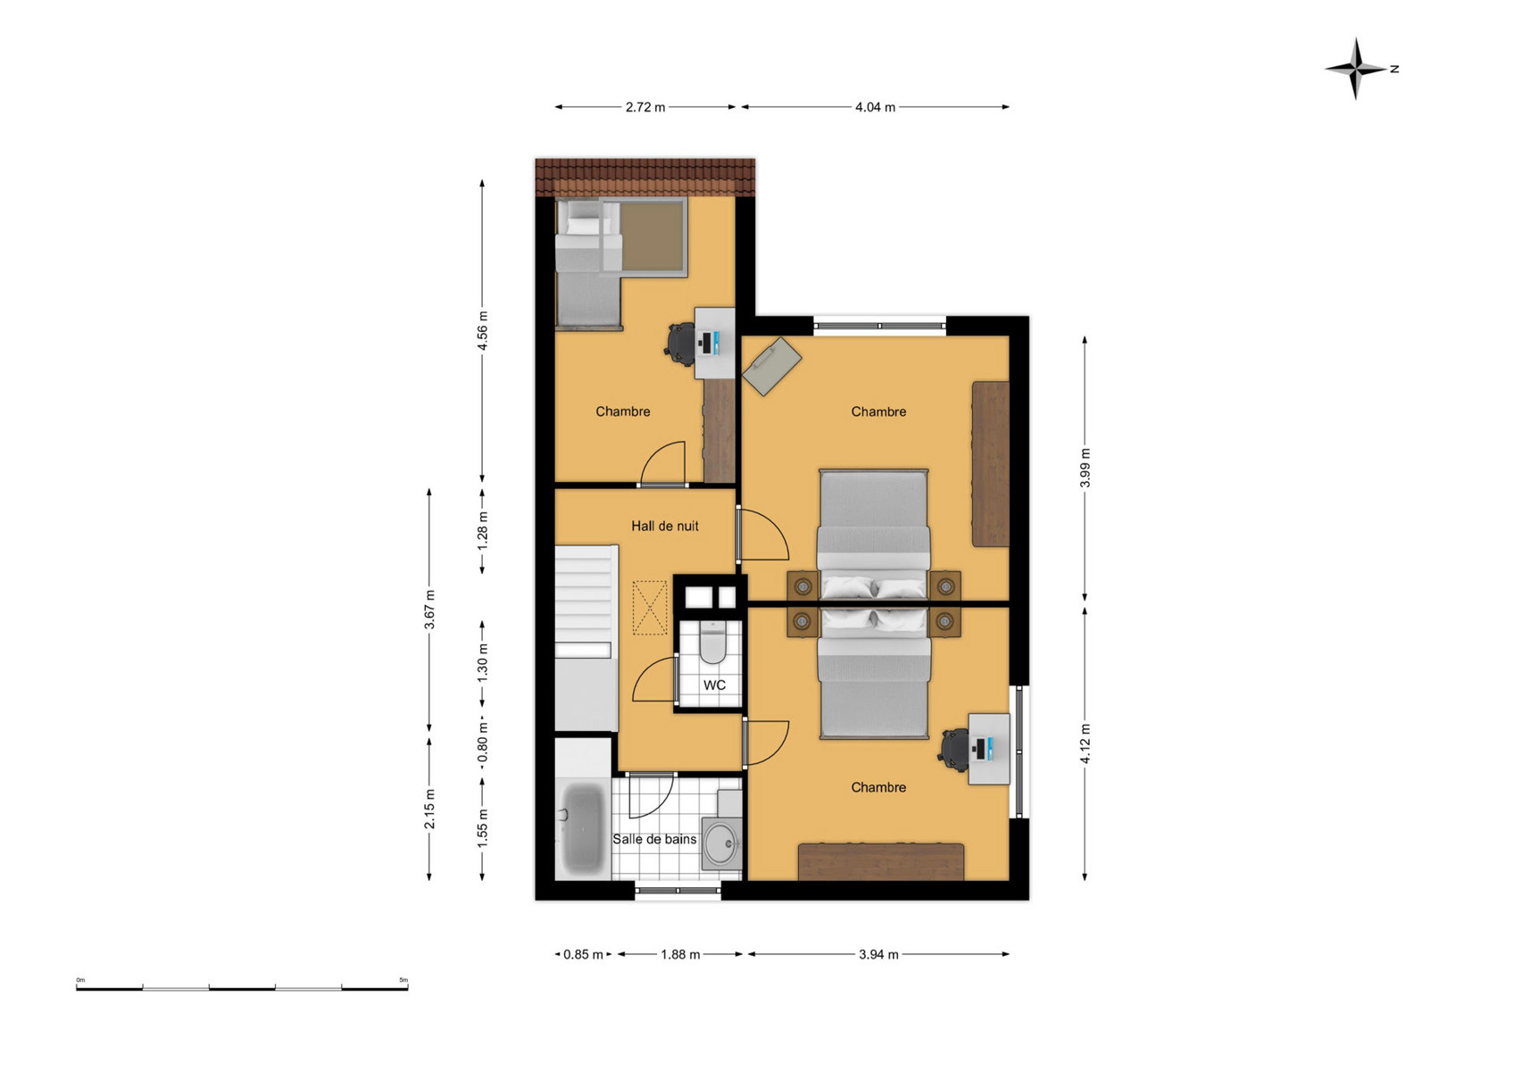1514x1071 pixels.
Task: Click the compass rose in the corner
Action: click(1356, 69)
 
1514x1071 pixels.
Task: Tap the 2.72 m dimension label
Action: click(645, 107)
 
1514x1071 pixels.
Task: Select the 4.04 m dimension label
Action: click(875, 107)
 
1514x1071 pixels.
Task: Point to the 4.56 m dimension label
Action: click(483, 330)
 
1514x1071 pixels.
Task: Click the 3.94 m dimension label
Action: click(878, 955)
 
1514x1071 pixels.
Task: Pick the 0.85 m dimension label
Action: click(583, 955)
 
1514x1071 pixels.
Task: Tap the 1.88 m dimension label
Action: click(680, 955)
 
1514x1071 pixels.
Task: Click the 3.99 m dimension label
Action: click(1085, 468)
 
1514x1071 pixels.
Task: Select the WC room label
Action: click(714, 685)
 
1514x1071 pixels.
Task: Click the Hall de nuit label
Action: click(665, 526)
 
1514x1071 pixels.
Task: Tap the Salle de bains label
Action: click(654, 839)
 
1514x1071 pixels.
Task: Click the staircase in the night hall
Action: click(586, 637)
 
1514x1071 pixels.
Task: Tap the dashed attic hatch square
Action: click(650, 608)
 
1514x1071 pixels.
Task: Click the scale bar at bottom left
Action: click(242, 988)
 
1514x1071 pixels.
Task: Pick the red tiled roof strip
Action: click(645, 178)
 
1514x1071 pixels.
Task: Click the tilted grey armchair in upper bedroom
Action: click(772, 366)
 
